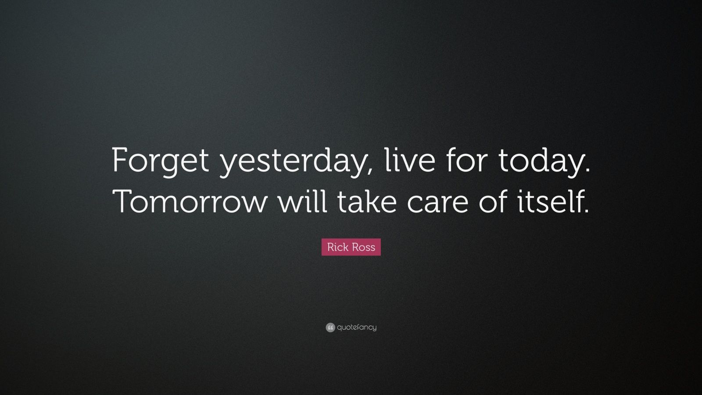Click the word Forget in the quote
point(160,161)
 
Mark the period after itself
point(585,211)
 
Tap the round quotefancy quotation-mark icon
point(330,327)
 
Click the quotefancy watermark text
point(357,327)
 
